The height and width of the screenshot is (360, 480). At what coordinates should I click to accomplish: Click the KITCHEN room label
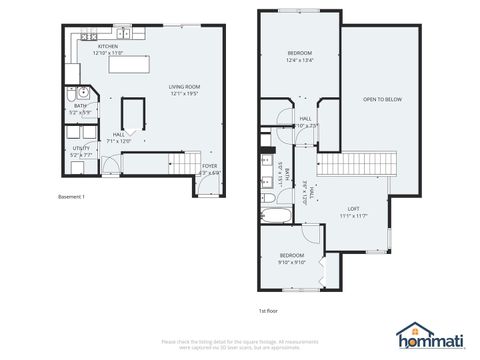point(107,46)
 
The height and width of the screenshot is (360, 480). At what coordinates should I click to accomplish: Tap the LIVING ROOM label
point(185,87)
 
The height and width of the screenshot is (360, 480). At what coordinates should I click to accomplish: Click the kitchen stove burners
point(87,36)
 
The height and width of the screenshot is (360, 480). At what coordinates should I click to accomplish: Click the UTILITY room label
point(80,148)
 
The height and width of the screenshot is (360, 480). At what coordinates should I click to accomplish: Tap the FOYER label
point(209,166)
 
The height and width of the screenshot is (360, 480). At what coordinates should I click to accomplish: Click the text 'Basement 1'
point(72,196)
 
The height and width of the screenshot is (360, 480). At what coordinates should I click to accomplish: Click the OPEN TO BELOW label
point(382,100)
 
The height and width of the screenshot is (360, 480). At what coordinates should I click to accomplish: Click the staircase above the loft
point(352,164)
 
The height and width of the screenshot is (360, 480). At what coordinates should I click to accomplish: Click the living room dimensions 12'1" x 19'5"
point(185,94)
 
